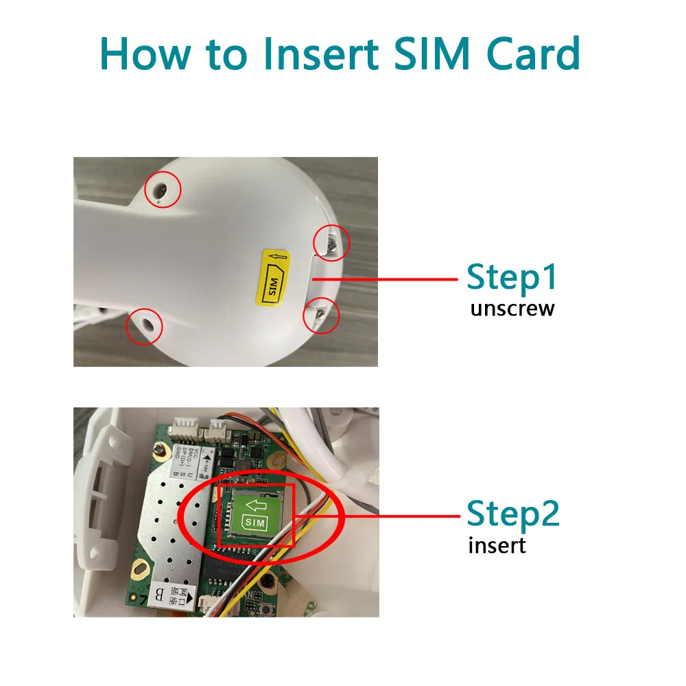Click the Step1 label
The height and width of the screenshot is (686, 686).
tap(511, 278)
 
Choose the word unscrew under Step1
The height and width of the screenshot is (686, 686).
tap(512, 309)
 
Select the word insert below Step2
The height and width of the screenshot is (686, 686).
tap(497, 546)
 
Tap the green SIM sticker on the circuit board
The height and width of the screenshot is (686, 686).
tap(255, 513)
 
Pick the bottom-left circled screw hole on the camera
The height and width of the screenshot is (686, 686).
tap(145, 326)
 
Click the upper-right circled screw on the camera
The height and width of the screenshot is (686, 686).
tap(331, 242)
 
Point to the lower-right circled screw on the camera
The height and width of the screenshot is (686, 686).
tap(321, 315)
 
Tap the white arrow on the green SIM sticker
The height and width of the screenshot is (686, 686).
tap(256, 506)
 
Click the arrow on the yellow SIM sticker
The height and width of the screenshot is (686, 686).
tap(276, 259)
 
